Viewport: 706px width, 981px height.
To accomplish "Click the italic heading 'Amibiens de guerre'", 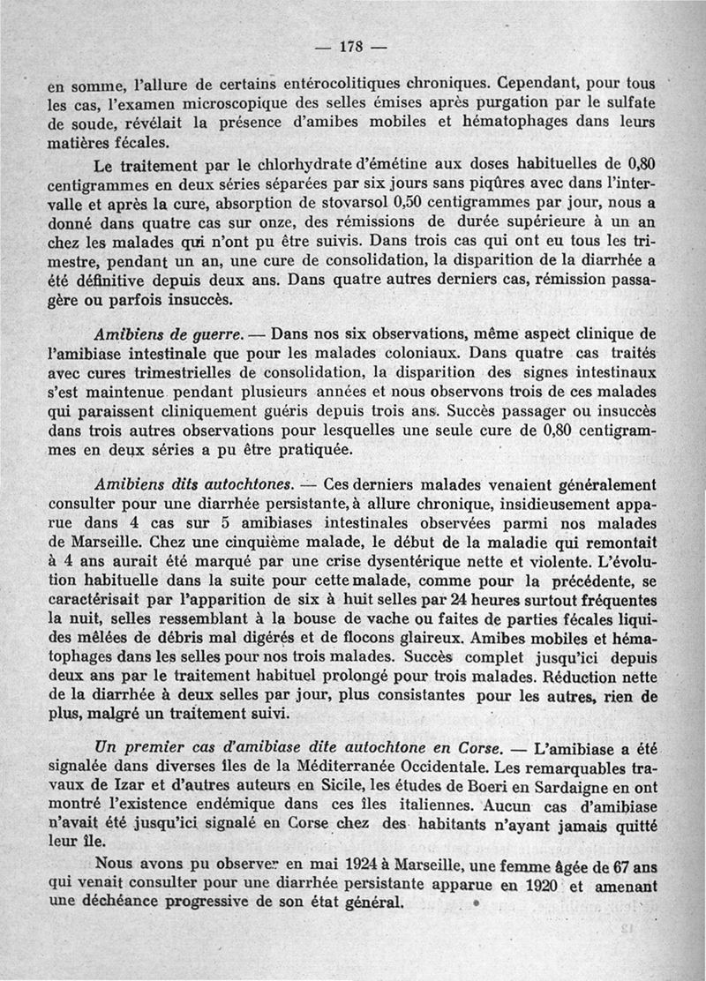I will [x=165, y=335].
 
